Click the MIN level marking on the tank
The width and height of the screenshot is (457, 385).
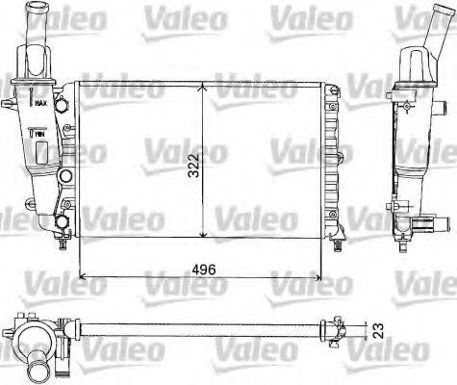coord(40,141)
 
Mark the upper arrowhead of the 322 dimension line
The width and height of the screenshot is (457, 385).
coord(202,87)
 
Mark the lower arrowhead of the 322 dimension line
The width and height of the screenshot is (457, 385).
coord(202,234)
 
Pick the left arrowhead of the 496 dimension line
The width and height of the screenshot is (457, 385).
coord(82,276)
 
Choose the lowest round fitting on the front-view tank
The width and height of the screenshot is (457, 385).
coord(63,223)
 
